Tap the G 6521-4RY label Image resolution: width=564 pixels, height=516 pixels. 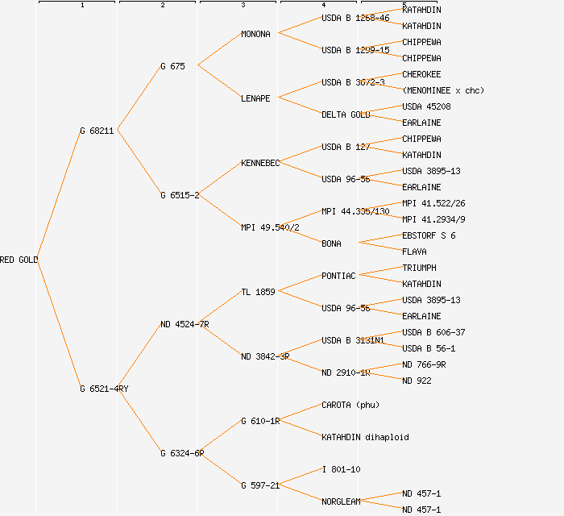[104, 389]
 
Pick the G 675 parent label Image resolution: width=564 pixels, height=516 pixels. [172, 66]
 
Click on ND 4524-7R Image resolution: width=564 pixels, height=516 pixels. [185, 324]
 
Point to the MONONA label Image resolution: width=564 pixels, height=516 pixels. [255, 34]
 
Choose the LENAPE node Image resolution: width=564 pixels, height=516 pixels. [255, 98]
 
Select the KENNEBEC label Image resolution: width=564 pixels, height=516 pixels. [260, 163]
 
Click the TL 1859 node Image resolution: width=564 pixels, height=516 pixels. [258, 292]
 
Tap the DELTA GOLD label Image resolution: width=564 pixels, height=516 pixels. [346, 114]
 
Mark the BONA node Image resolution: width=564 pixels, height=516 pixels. [331, 243]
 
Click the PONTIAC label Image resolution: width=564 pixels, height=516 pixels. [338, 276]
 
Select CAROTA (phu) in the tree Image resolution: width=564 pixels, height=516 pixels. [350, 405]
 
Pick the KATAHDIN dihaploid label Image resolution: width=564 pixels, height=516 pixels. [365, 437]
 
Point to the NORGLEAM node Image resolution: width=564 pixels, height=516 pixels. [341, 501]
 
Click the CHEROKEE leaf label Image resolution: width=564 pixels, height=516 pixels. [421, 74]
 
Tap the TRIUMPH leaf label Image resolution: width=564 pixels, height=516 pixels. [419, 268]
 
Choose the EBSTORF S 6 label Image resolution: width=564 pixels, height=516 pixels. [429, 235]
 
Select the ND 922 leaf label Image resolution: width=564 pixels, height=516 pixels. [417, 381]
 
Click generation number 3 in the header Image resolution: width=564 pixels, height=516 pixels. [243, 6]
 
